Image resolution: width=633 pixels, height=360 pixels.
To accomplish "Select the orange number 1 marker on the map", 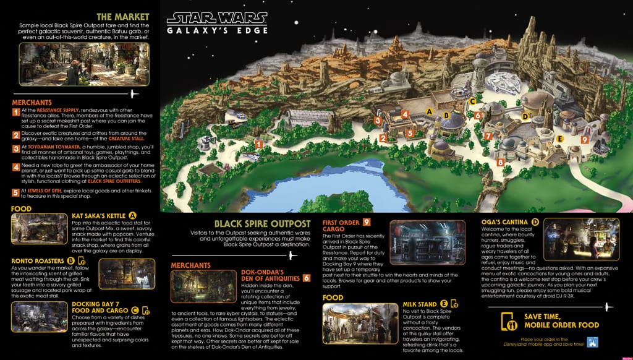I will (x=258, y=144).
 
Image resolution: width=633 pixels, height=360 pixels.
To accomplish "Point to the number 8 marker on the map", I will (x=500, y=163).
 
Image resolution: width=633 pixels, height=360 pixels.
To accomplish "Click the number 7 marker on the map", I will (x=489, y=136).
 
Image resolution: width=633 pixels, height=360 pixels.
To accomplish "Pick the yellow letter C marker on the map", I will (x=472, y=101).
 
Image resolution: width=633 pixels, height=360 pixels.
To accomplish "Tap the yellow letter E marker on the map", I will (x=559, y=139).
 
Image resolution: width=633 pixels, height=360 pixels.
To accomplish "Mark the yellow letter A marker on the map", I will (x=429, y=111).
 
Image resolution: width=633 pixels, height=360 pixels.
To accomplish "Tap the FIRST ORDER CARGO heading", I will (x=342, y=226).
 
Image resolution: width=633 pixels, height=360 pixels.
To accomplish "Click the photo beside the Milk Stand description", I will (x=360, y=323).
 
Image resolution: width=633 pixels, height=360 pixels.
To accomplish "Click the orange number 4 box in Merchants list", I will (x=16, y=168).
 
